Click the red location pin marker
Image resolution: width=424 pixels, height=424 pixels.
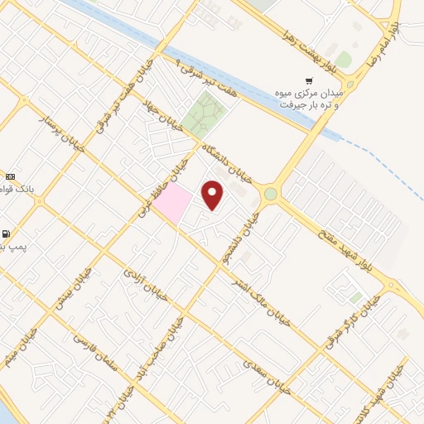coord(213,195)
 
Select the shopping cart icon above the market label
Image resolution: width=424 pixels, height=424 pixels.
coord(309,81)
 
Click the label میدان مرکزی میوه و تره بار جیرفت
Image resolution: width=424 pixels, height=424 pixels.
coord(310,99)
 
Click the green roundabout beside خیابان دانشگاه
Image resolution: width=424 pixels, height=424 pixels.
coord(271,194)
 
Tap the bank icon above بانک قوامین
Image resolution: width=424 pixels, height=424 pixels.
coord(9,176)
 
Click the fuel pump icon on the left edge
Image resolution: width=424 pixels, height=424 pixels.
coord(7,234)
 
